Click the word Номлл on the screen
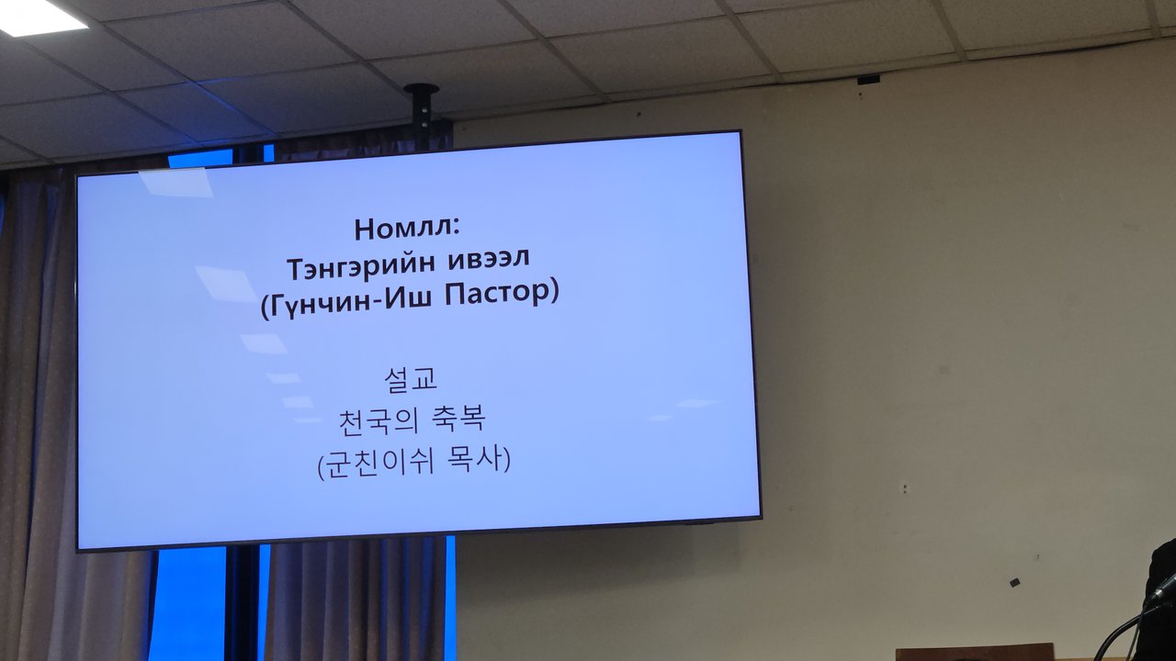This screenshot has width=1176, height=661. click(x=401, y=230)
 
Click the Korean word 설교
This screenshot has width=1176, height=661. click(x=411, y=379)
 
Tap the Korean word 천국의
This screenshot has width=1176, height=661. click(x=378, y=421)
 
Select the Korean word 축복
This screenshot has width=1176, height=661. click(x=458, y=420)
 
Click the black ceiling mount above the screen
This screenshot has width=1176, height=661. click(x=422, y=111)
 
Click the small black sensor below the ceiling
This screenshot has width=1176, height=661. click(x=868, y=80)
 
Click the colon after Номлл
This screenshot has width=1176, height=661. click(x=455, y=230)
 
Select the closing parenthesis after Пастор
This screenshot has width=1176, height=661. click(x=554, y=293)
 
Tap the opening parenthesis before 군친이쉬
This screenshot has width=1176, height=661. click(x=321, y=465)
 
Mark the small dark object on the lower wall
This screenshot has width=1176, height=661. click(x=1014, y=582)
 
